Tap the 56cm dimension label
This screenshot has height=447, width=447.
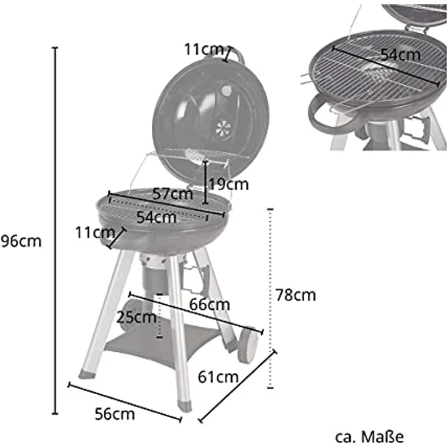point(115,415)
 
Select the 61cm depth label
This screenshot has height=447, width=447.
point(218,377)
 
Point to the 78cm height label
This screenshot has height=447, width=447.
point(295,296)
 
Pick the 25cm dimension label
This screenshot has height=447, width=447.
point(136,316)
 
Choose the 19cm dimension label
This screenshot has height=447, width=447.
point(228,184)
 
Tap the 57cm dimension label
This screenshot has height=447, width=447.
point(172,195)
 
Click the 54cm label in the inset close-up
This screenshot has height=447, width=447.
point(400,53)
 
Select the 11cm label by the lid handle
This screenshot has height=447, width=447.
point(204,50)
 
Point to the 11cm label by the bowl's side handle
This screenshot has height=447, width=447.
point(95,231)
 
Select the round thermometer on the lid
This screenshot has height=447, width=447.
point(227,92)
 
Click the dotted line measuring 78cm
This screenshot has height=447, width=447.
point(270,298)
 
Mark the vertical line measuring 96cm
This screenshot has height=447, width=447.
point(55,231)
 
